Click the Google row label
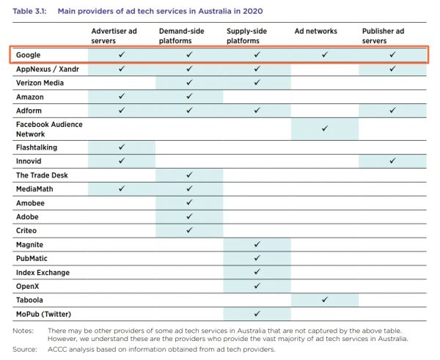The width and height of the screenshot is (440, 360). (30, 55)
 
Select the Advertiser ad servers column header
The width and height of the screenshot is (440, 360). (114, 36)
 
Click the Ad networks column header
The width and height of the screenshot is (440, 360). (316, 32)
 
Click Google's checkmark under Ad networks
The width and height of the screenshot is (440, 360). (324, 55)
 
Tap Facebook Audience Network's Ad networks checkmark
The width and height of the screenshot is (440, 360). (324, 128)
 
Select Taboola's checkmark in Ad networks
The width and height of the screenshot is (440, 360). (324, 300)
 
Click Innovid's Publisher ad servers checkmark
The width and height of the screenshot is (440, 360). (392, 161)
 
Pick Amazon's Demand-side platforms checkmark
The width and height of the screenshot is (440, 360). (189, 96)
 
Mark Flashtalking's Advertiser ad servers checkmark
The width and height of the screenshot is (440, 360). (122, 147)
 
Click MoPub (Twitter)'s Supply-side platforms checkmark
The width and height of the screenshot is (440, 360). (257, 314)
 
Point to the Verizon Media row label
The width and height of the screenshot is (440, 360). (40, 83)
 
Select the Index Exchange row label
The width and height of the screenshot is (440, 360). (43, 273)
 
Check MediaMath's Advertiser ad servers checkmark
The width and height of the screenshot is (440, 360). (122, 188)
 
